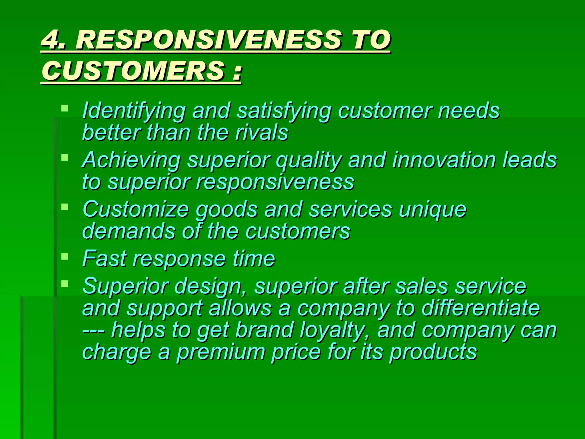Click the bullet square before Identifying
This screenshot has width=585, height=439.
pos(65,108)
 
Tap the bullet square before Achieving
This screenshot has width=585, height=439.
pos(65,157)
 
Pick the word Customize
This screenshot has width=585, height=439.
pos(136,209)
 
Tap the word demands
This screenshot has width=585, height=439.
pos(129,231)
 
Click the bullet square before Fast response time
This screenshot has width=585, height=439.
pos(65,256)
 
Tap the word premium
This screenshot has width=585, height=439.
pos(221,352)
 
